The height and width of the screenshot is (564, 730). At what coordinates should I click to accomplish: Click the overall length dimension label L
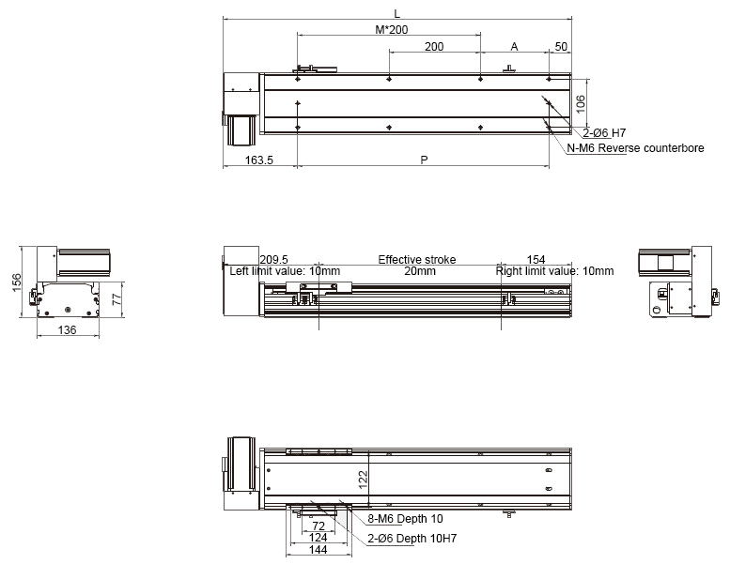click(396, 14)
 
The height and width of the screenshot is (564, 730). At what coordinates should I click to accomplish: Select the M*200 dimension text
click(392, 30)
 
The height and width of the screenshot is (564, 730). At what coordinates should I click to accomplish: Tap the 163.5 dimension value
click(259, 160)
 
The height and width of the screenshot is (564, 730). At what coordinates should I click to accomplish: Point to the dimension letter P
click(424, 160)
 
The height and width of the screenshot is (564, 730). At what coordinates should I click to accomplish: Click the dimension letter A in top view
click(514, 47)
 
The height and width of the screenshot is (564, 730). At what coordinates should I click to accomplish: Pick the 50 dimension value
click(561, 47)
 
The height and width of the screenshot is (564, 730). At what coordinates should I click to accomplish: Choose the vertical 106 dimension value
click(580, 104)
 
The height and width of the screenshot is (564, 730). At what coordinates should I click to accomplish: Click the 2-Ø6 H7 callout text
click(604, 133)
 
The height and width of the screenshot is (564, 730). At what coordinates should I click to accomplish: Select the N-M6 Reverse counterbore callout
click(635, 148)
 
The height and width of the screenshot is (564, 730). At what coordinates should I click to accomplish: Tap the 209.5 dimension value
click(273, 259)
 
